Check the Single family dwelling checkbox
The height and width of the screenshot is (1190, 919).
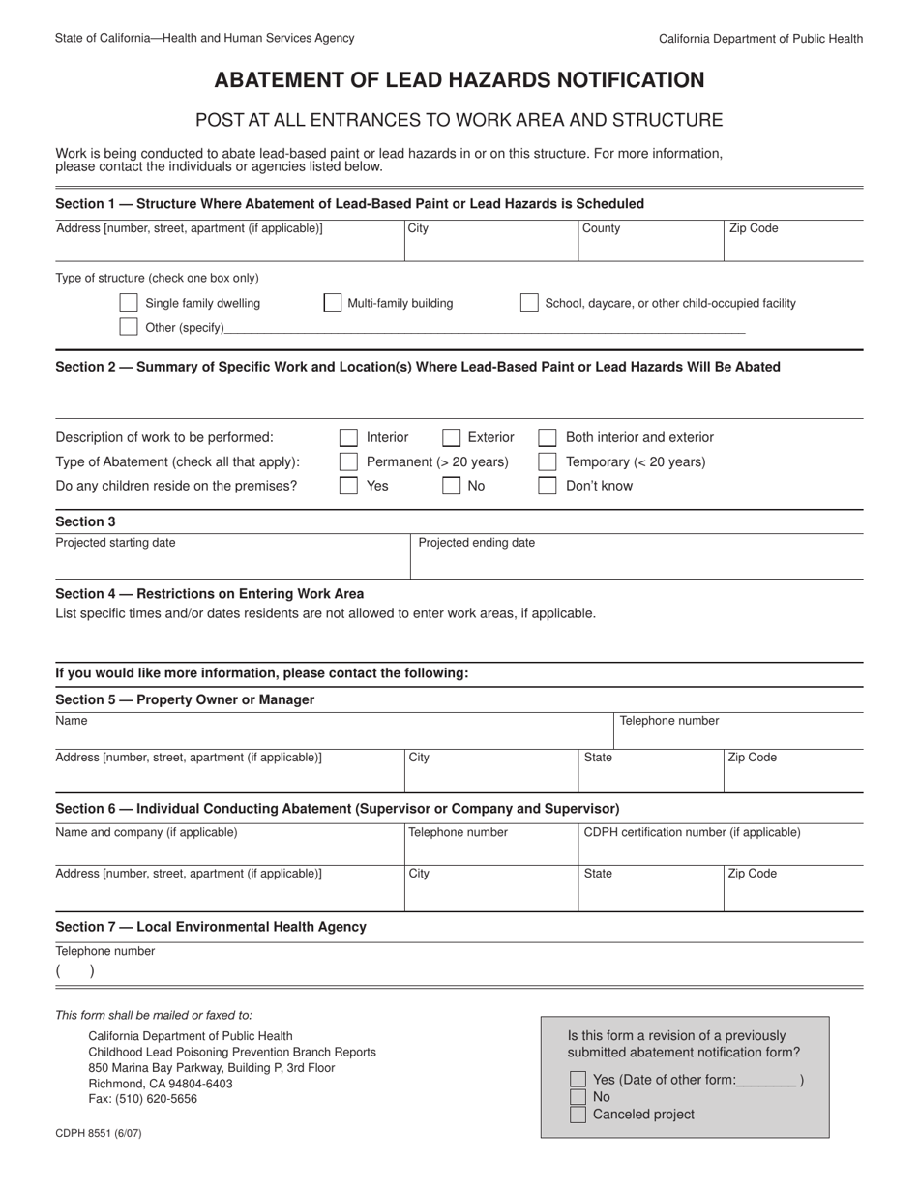[128, 303]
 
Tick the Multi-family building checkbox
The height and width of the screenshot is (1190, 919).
[332, 303]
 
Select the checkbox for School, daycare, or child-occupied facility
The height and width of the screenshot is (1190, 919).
[529, 303]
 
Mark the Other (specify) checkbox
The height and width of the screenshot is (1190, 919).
[128, 327]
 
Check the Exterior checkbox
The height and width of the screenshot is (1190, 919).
[451, 437]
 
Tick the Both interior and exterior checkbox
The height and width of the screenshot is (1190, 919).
[548, 437]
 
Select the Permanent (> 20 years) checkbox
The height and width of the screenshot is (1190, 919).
[348, 461]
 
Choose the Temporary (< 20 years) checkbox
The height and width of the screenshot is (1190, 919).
[548, 461]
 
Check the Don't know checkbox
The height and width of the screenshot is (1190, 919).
[548, 486]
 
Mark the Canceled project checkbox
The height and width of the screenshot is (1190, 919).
[578, 1115]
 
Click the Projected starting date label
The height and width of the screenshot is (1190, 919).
[115, 543]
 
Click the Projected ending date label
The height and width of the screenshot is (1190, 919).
[476, 543]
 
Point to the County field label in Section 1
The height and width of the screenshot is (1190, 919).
[601, 228]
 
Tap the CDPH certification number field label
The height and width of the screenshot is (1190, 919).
[692, 832]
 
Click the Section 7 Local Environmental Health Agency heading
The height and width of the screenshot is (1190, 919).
[211, 927]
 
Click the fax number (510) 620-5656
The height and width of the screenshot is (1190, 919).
[142, 1099]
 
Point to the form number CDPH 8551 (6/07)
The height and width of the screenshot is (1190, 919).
[99, 1133]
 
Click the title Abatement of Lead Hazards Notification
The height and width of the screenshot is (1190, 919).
[459, 79]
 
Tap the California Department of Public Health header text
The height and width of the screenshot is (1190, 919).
[760, 39]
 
